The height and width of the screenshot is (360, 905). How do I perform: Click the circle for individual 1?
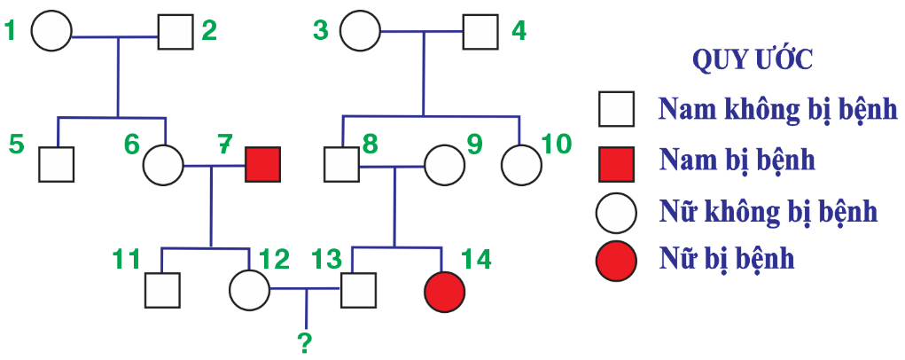(x=51, y=33)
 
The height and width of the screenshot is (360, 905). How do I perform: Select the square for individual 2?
(x=176, y=33)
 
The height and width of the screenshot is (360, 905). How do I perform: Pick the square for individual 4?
(x=480, y=33)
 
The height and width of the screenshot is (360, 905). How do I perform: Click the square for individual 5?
(x=56, y=164)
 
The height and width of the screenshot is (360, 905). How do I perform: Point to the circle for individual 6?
(x=163, y=164)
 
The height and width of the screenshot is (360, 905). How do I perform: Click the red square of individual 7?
(x=262, y=164)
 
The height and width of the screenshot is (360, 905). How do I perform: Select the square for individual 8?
(x=341, y=164)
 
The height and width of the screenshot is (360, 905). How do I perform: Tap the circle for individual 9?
(x=445, y=164)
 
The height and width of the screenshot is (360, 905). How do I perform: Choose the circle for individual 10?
(x=521, y=164)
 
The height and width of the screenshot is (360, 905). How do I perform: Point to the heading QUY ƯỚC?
(x=753, y=60)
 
